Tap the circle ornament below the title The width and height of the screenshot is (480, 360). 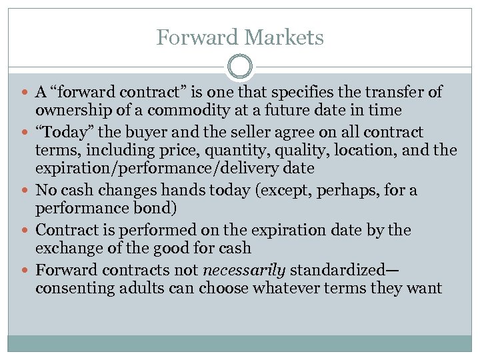pos(240,67)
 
